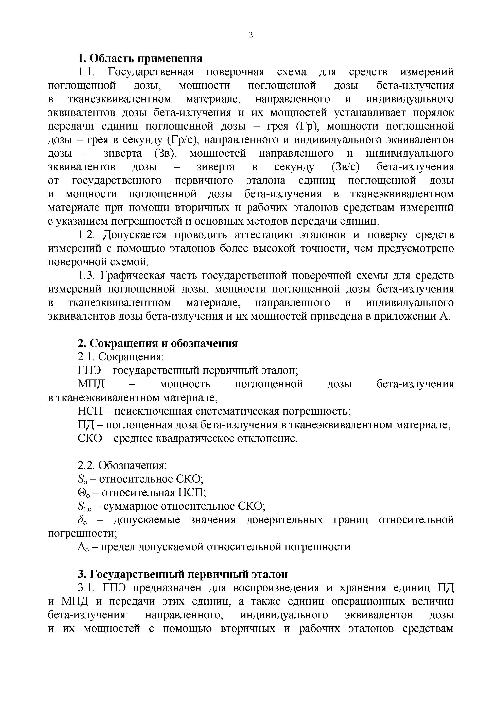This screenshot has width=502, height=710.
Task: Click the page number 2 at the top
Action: point(251,35)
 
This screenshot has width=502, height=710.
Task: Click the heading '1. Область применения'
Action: point(140,58)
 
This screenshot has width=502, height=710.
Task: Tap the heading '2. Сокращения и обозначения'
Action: point(158,343)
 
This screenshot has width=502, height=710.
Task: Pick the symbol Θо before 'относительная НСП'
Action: point(83,493)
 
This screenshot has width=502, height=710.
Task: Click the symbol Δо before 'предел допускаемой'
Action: point(83,547)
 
